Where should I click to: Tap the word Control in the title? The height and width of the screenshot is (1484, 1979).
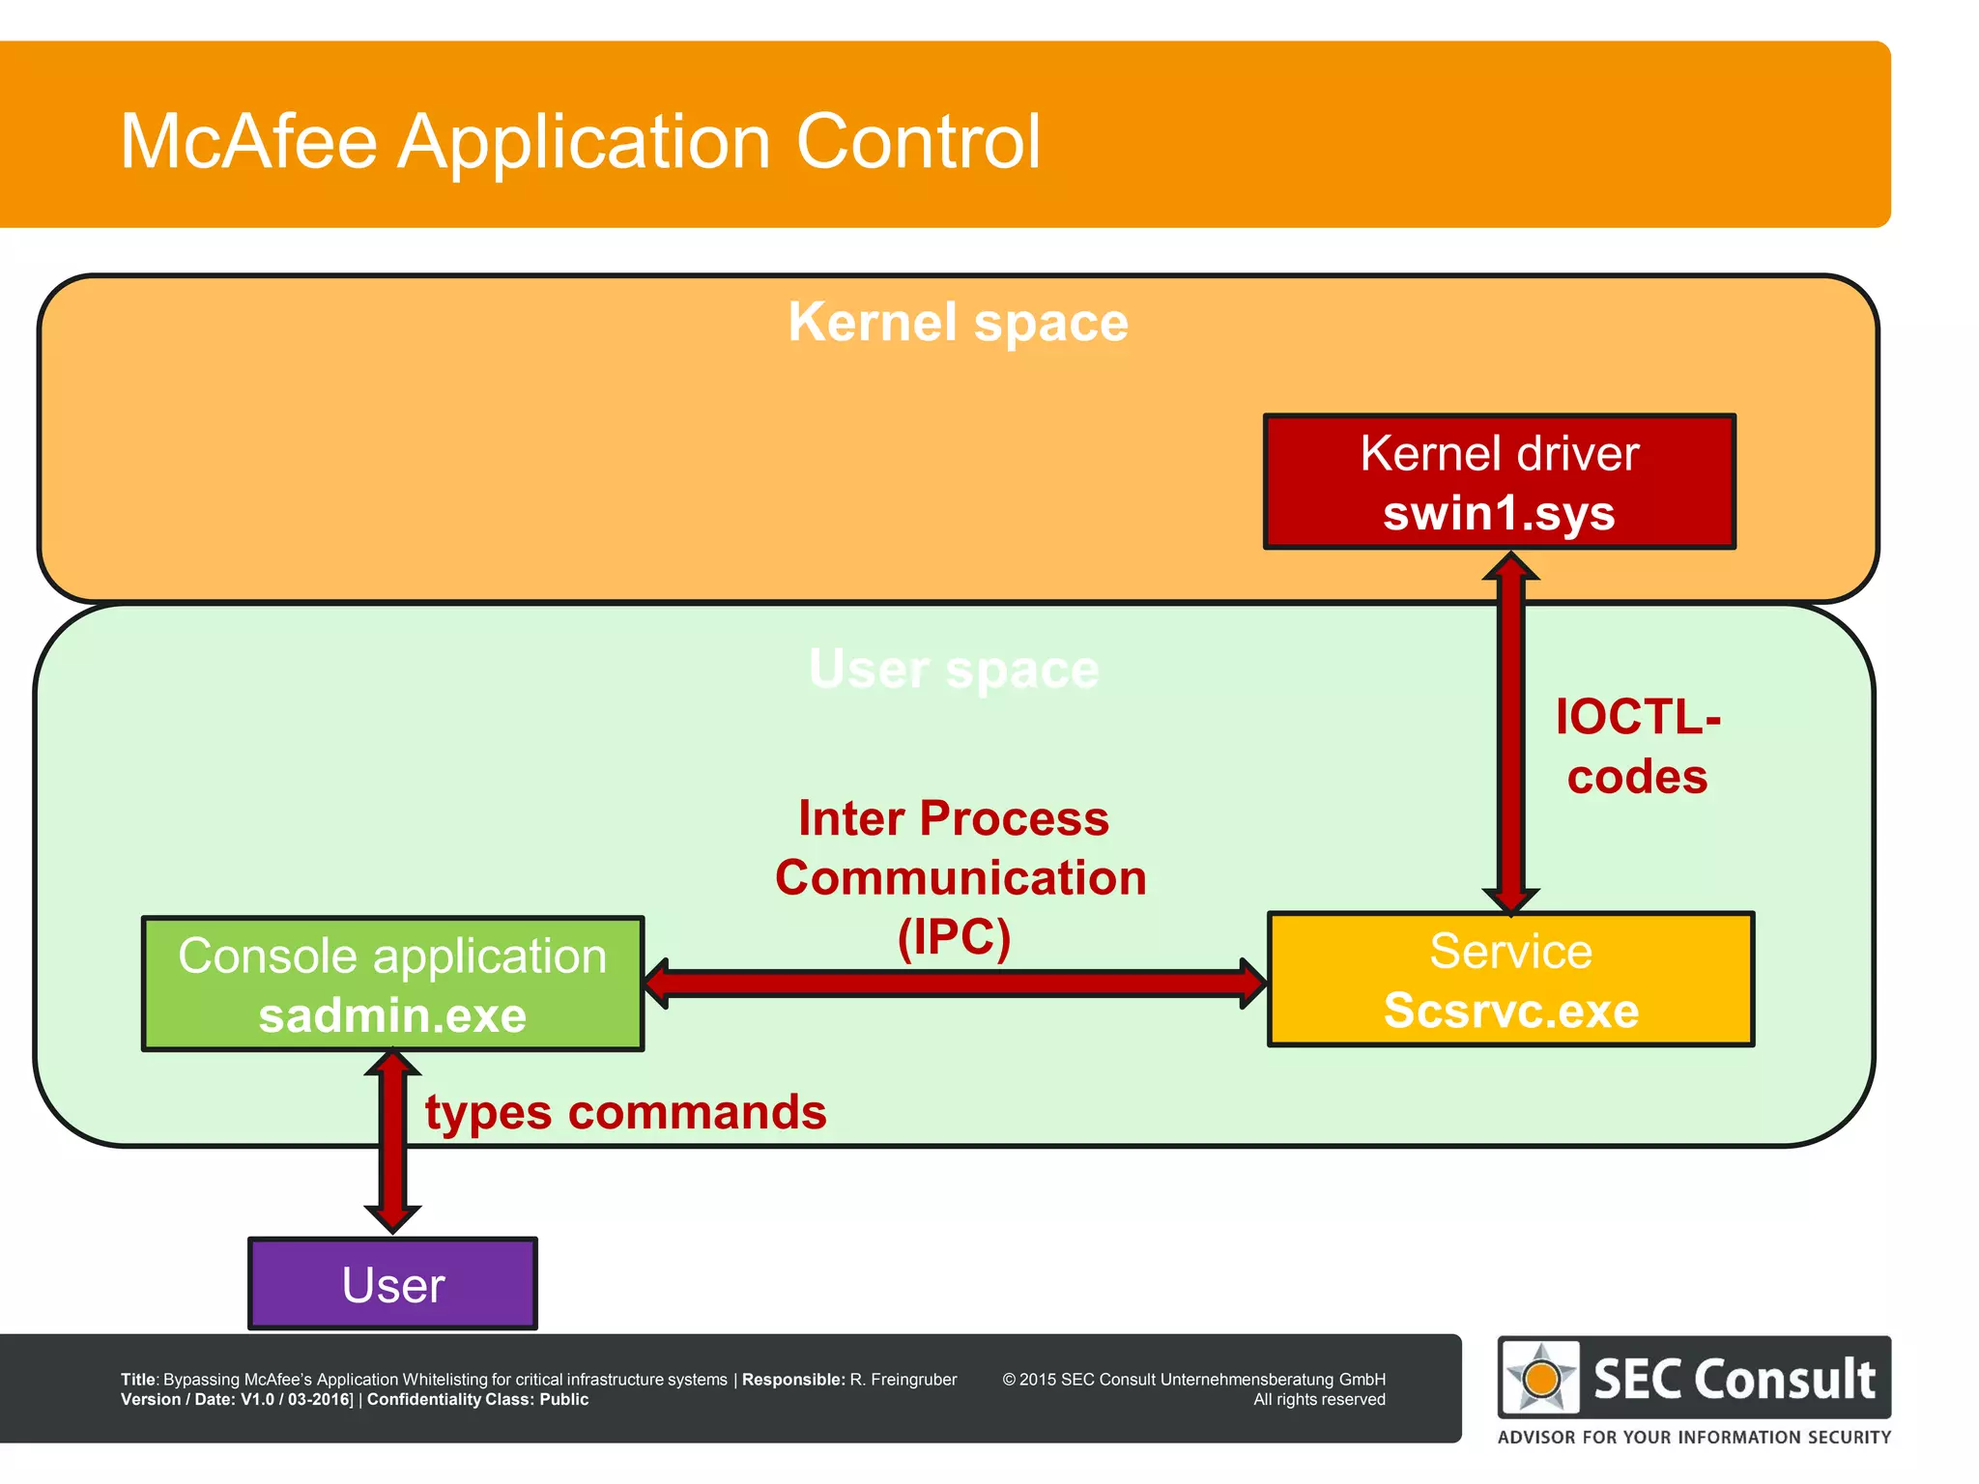(x=918, y=142)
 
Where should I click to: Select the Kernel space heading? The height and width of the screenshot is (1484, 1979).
(x=958, y=322)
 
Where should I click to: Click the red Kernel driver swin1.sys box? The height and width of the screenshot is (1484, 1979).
(x=1499, y=481)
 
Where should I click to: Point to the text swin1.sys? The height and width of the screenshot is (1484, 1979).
(x=1499, y=512)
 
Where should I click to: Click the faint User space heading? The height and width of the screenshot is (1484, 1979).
(x=954, y=669)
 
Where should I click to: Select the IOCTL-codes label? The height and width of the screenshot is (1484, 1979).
(x=1637, y=746)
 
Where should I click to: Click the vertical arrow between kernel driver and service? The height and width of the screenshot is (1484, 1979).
(x=1510, y=734)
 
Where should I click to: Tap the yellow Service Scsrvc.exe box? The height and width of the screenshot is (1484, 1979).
(x=1510, y=979)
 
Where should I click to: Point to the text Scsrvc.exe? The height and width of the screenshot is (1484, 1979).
(x=1510, y=1011)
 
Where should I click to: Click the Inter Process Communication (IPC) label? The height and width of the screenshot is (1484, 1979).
(x=960, y=876)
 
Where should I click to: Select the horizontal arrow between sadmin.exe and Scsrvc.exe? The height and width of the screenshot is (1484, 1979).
(x=955, y=984)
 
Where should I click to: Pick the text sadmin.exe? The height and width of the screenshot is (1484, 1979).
(x=392, y=1015)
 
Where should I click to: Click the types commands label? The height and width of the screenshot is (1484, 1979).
(x=625, y=1112)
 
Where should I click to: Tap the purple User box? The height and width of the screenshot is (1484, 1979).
(x=392, y=1284)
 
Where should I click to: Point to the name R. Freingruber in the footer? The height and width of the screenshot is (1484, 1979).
(x=903, y=1380)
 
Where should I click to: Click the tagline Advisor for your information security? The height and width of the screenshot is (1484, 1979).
(x=1694, y=1437)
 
